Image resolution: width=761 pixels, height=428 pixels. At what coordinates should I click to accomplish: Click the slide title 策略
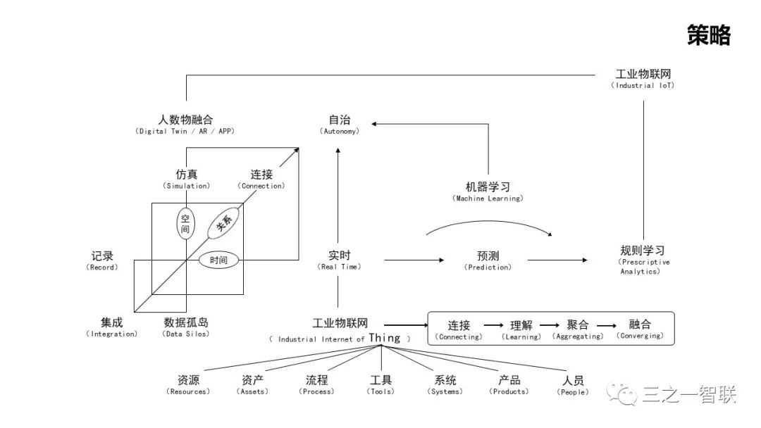pyautogui.click(x=708, y=35)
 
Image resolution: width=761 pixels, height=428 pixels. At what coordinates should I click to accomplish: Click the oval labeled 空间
pyautogui.click(x=185, y=224)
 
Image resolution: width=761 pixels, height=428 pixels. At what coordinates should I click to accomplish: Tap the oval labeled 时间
pyautogui.click(x=218, y=260)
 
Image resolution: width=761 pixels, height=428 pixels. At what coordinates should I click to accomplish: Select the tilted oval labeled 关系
pyautogui.click(x=224, y=224)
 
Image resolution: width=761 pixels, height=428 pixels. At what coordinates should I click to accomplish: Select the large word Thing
pyautogui.click(x=384, y=338)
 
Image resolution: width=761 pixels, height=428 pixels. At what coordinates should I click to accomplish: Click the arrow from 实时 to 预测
pyautogui.click(x=414, y=260)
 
